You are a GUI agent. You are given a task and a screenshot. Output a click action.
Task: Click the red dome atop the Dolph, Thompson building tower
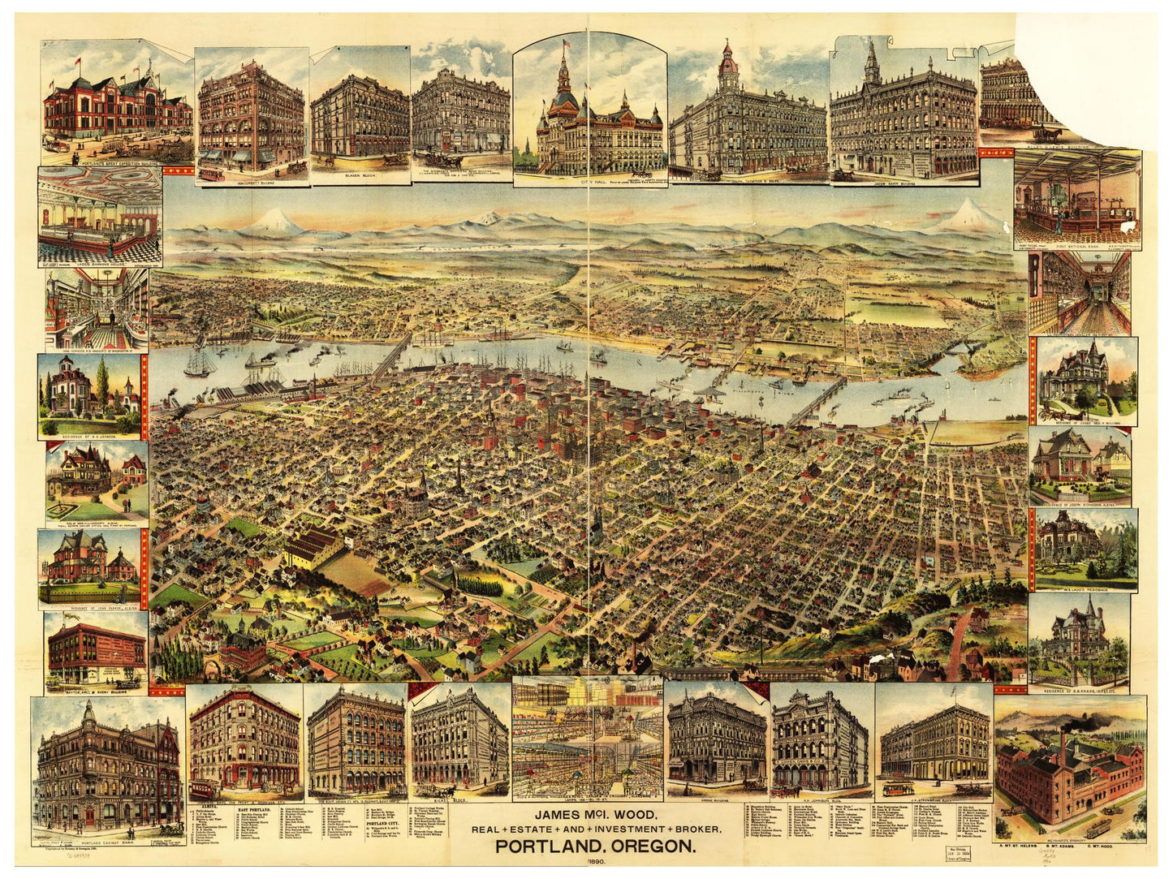click(x=728, y=59)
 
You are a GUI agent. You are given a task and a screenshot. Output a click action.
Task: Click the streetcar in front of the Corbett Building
click(x=211, y=173)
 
